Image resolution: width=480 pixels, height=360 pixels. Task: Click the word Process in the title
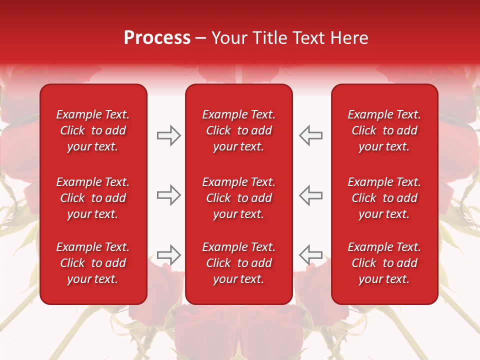157,38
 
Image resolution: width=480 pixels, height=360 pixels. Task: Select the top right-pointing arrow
169,135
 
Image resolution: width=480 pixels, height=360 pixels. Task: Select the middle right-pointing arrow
169,195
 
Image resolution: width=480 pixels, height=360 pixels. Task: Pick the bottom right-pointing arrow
169,255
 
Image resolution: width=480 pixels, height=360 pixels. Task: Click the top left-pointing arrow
310,135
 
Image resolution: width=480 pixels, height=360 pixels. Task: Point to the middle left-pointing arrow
310,195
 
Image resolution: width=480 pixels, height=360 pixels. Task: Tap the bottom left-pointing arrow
310,255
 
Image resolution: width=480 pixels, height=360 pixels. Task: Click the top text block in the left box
93,130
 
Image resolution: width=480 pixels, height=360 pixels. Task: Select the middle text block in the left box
93,198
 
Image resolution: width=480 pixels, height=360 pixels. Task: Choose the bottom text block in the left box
93,263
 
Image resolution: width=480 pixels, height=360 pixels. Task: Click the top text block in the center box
238,130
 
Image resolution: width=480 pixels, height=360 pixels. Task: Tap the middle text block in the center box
238,198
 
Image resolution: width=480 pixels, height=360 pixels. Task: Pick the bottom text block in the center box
238,263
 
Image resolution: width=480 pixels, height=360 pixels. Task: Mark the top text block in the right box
384,130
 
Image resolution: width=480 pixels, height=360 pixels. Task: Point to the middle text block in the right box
384,198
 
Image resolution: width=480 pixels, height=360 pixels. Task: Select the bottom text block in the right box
384,263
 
